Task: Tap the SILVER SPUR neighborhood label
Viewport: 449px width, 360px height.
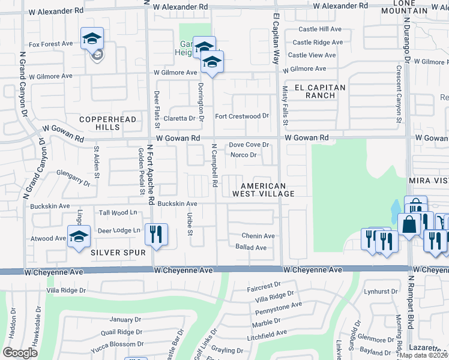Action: [118, 253]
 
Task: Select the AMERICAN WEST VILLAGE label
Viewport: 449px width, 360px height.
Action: [264, 190]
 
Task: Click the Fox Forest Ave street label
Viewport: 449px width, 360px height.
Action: [50, 44]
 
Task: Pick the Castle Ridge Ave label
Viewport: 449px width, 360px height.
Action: [318, 42]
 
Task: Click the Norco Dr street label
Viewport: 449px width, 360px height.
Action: [244, 155]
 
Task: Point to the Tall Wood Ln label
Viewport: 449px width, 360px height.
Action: [118, 212]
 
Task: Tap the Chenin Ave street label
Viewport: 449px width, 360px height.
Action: [258, 236]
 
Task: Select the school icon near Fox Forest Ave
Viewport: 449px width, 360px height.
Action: [92, 38]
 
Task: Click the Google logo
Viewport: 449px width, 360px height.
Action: [20, 352]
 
